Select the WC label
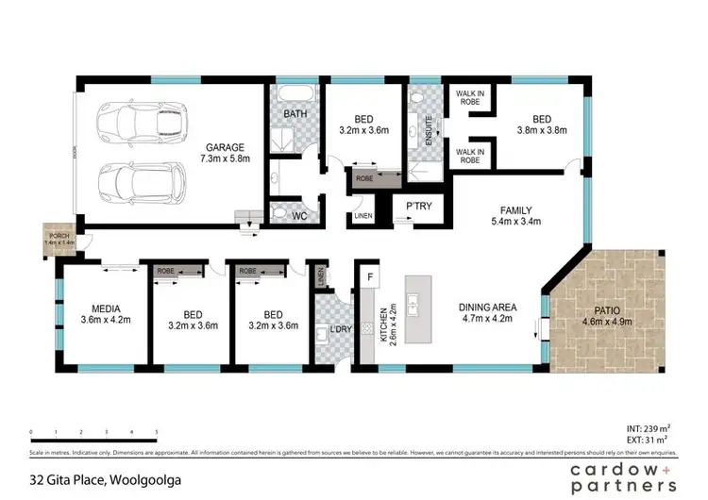click(299, 216)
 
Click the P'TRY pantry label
click(418, 207)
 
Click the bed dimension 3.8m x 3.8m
click(541, 131)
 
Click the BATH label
click(295, 115)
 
